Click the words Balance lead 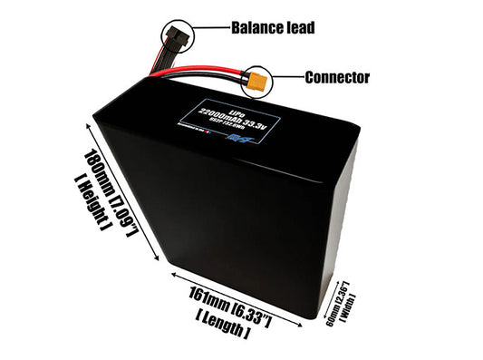tap(272, 27)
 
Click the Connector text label tap(336, 77)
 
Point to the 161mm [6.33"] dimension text tap(234, 305)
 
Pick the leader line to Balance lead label tap(207, 28)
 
